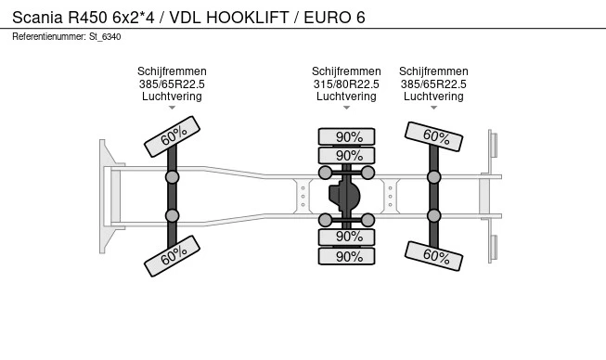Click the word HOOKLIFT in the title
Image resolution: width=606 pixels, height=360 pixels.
point(248,18)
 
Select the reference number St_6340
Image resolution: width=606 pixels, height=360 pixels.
point(105,37)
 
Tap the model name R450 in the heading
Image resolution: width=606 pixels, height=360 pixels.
point(88,18)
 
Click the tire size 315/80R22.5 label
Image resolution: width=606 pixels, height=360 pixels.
point(346,84)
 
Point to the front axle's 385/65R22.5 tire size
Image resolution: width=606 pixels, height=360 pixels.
point(172,84)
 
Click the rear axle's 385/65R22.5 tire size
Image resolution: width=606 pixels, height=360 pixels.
point(433,84)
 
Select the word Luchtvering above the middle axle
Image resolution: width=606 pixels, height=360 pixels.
point(346,96)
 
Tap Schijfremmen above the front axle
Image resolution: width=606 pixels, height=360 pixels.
point(172,71)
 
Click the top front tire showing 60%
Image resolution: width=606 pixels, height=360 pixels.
point(172,136)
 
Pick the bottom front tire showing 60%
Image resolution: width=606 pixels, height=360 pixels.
point(172,256)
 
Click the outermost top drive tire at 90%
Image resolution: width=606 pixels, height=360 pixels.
point(347,136)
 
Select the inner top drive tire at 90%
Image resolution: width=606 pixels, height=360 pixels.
point(347,155)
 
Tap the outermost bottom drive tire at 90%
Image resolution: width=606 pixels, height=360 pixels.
point(347,256)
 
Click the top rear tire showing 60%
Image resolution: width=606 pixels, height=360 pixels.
point(433,136)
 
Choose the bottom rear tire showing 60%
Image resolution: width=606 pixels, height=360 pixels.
point(433,256)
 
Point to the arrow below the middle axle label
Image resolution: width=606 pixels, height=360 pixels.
point(346,108)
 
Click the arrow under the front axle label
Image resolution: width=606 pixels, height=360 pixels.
point(172,108)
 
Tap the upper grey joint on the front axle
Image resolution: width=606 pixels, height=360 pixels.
point(172,177)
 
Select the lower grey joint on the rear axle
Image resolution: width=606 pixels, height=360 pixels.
point(434,215)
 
